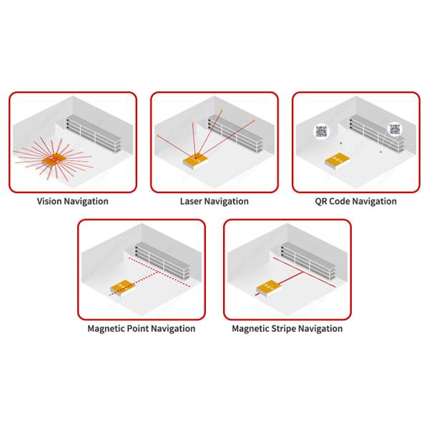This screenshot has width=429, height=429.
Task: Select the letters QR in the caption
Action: [320, 202]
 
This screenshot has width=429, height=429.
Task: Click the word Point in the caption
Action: [139, 328]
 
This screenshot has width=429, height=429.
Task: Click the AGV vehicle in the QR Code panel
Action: [337, 161]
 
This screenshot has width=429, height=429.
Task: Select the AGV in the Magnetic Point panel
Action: [122, 289]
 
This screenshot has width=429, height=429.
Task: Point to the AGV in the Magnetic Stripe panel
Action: [268, 288]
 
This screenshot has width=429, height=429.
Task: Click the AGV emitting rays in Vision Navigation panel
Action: [54, 160]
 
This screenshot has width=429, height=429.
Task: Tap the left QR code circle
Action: [322, 132]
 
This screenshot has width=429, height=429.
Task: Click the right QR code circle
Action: [395, 129]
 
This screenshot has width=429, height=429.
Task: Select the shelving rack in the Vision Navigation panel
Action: [94, 134]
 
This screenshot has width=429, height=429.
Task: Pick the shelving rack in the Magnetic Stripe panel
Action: [308, 261]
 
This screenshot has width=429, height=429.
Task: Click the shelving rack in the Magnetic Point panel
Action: [162, 261]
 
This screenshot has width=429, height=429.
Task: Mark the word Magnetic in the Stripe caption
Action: [250, 329]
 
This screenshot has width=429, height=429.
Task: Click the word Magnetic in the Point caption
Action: [107, 329]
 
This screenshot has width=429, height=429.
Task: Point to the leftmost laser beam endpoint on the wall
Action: [157, 135]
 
